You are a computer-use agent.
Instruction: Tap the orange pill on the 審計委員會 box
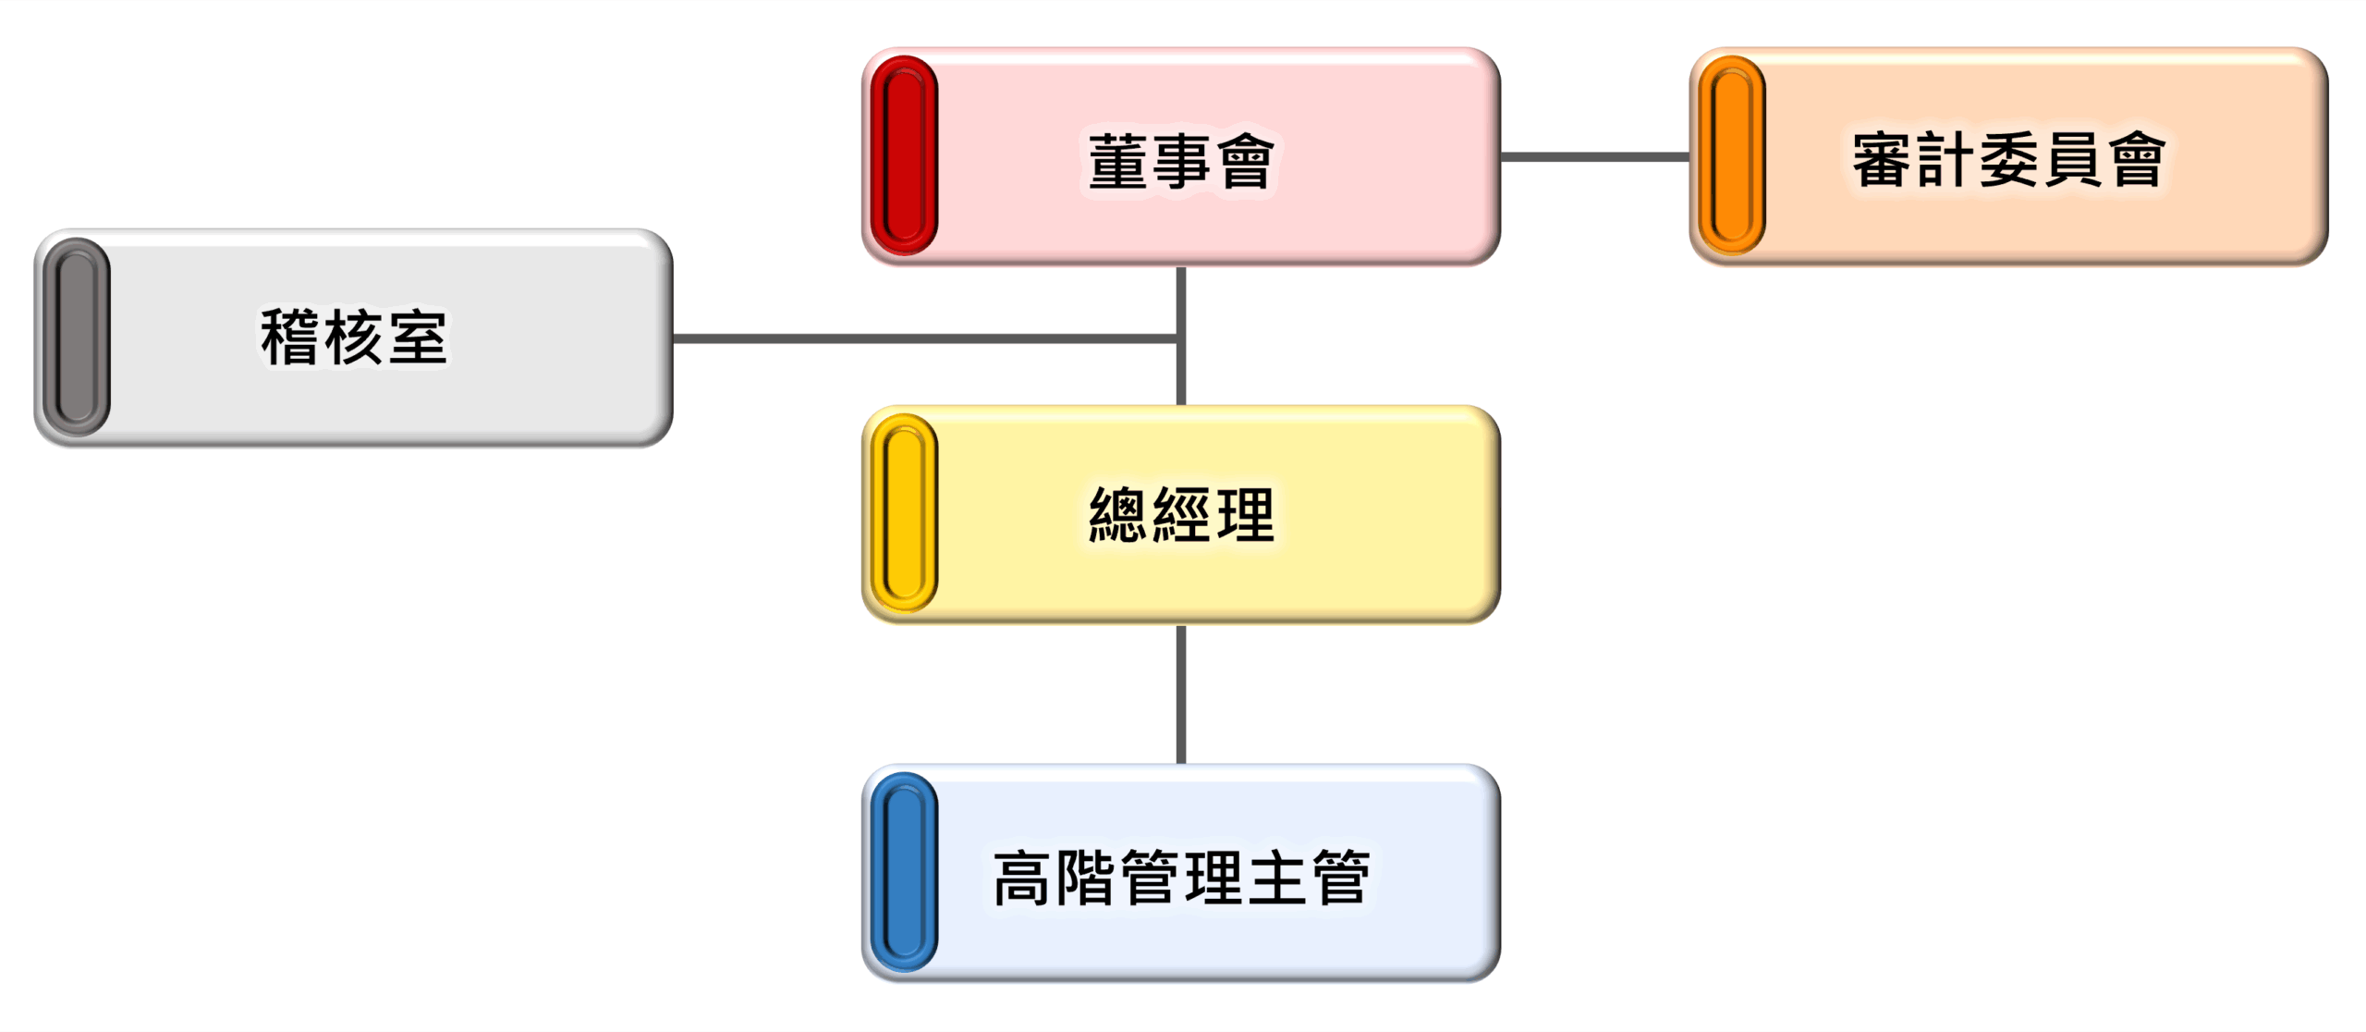coord(1731,155)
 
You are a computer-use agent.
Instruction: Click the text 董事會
coord(1181,161)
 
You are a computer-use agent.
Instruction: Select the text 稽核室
coord(354,338)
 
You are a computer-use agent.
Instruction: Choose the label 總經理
coord(1181,515)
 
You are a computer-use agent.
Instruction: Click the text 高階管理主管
coord(1181,877)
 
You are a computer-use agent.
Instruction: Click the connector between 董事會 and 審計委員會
coord(1594,156)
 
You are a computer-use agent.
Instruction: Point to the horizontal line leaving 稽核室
coord(924,338)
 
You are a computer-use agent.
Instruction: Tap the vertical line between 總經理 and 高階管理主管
coord(1181,694)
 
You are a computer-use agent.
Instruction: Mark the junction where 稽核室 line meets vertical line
coord(1180,338)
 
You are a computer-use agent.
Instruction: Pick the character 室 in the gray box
coord(418,338)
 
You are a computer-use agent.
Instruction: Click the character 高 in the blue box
coord(1021,877)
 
